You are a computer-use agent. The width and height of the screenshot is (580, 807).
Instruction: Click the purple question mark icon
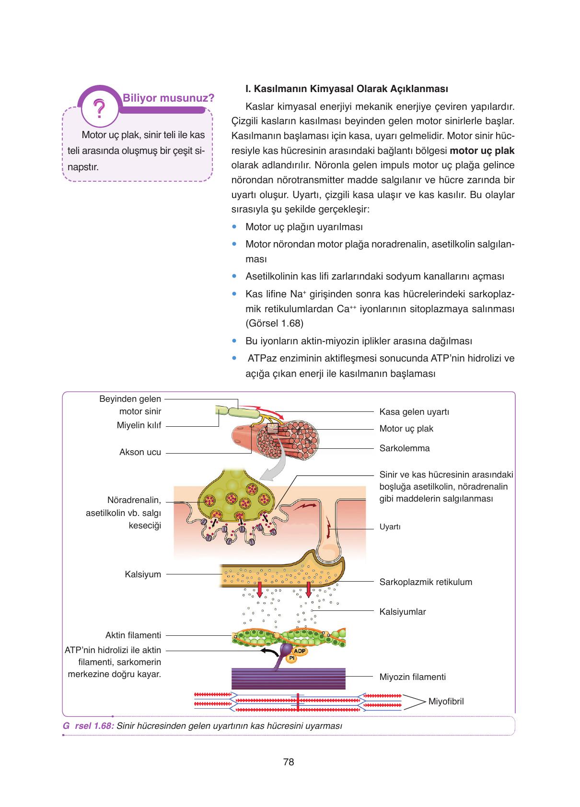pos(100,109)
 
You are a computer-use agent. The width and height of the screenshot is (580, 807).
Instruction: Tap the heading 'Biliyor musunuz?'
pos(168,98)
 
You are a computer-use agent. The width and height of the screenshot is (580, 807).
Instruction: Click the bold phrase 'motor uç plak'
pos(482,151)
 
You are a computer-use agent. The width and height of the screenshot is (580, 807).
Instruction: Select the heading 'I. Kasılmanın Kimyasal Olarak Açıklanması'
pos(346,89)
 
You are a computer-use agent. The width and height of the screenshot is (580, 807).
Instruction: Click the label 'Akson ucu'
pos(140,452)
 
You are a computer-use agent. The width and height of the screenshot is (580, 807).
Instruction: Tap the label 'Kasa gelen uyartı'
pos(414,412)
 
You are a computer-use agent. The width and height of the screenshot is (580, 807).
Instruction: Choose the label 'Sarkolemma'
pos(405,448)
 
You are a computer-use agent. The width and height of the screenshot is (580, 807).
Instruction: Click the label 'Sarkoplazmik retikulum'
pos(426,582)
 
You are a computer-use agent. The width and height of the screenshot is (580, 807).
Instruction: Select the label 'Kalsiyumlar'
pos(403,612)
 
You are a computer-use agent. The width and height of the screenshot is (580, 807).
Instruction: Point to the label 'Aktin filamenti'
pos(133,635)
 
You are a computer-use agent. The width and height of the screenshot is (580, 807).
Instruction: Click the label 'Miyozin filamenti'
pos(413,677)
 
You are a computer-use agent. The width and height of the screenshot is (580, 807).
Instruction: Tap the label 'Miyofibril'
pos(446,702)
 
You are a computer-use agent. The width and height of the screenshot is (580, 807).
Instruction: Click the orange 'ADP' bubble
pos(299,651)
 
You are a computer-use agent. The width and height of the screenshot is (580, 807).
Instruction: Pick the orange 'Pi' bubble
pos(291,658)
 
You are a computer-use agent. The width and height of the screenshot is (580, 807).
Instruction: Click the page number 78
pos(289,762)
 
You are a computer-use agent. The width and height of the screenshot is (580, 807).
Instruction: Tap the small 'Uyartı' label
pos(390,527)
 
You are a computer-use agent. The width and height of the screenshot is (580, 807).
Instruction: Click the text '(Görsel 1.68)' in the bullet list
pos(274,323)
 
